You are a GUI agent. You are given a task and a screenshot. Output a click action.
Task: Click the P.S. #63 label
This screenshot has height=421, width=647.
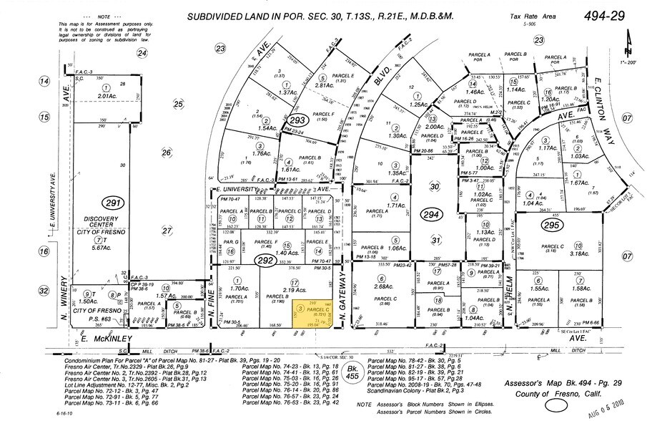point(98,320)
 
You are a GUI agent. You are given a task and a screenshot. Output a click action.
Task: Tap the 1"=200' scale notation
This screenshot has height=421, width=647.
point(629,63)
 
